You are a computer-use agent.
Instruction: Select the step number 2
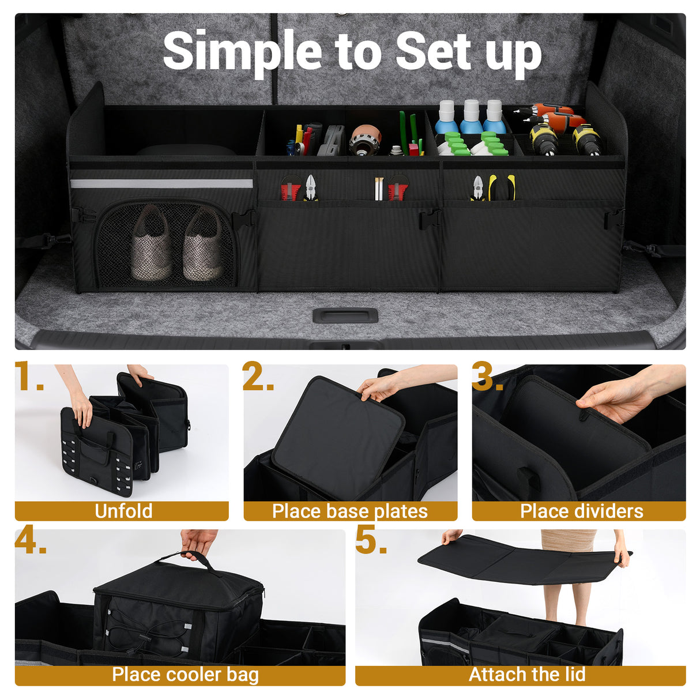point(257,377)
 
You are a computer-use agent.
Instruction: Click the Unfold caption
point(123,511)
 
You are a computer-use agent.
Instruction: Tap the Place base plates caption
point(349,511)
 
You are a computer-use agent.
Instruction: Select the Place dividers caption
point(581,511)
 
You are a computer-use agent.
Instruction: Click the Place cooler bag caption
point(185,675)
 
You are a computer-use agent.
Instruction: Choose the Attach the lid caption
point(526,675)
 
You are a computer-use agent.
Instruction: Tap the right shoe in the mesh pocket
point(203,245)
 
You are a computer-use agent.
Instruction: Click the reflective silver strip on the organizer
point(161,184)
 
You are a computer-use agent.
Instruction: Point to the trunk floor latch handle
point(345,316)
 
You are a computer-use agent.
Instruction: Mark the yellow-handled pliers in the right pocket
point(501,187)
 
